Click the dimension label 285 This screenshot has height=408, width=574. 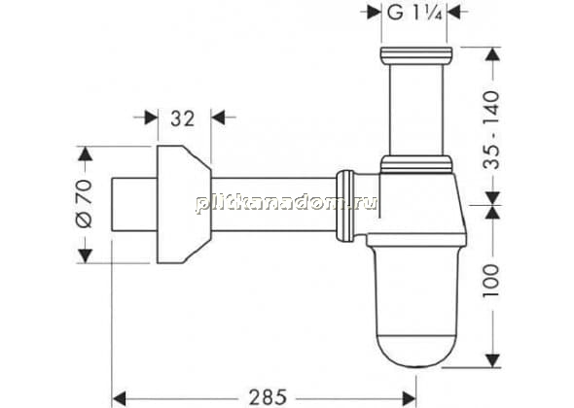click(268, 397)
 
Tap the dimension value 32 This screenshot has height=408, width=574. click(183, 119)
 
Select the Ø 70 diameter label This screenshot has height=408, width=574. click(85, 204)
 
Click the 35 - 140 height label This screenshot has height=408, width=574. click(491, 130)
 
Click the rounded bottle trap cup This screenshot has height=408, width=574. click(416, 305)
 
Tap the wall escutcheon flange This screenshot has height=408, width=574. click(184, 204)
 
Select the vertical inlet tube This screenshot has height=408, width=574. click(416, 107)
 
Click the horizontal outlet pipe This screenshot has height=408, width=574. click(273, 204)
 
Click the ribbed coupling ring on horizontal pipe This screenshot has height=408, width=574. click(345, 206)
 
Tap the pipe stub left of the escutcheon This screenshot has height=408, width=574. click(134, 204)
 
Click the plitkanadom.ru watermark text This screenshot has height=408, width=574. click(286, 203)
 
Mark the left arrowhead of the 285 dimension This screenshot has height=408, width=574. click(119, 397)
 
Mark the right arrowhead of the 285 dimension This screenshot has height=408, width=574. click(409, 397)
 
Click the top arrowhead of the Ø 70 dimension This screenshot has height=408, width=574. click(85, 153)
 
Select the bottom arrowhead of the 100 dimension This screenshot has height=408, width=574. click(493, 360)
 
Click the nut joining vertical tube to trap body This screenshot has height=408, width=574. click(416, 164)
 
